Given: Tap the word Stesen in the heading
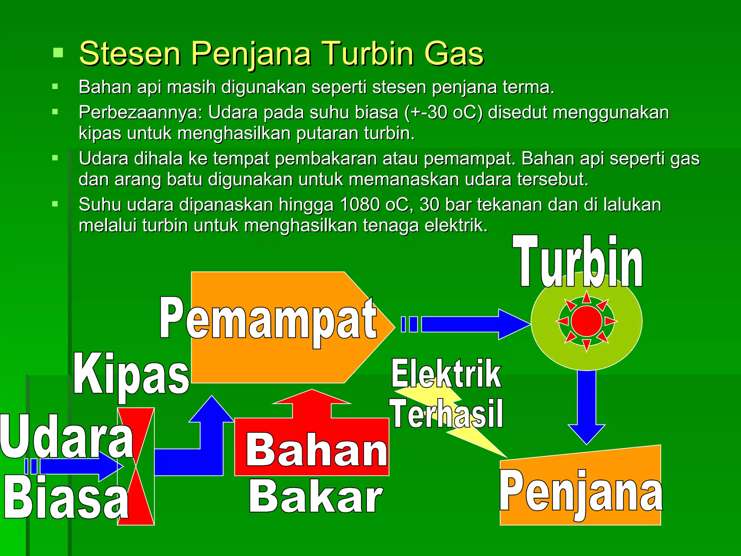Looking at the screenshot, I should [130, 54].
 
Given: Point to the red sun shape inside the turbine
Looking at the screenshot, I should [587, 321].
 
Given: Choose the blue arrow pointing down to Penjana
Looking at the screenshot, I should [586, 405].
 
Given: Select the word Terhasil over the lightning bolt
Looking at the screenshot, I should [446, 413].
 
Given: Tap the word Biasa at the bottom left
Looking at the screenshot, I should [67, 498].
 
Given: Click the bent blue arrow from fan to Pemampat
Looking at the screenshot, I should [203, 449].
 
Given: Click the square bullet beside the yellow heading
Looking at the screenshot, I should [58, 53].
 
